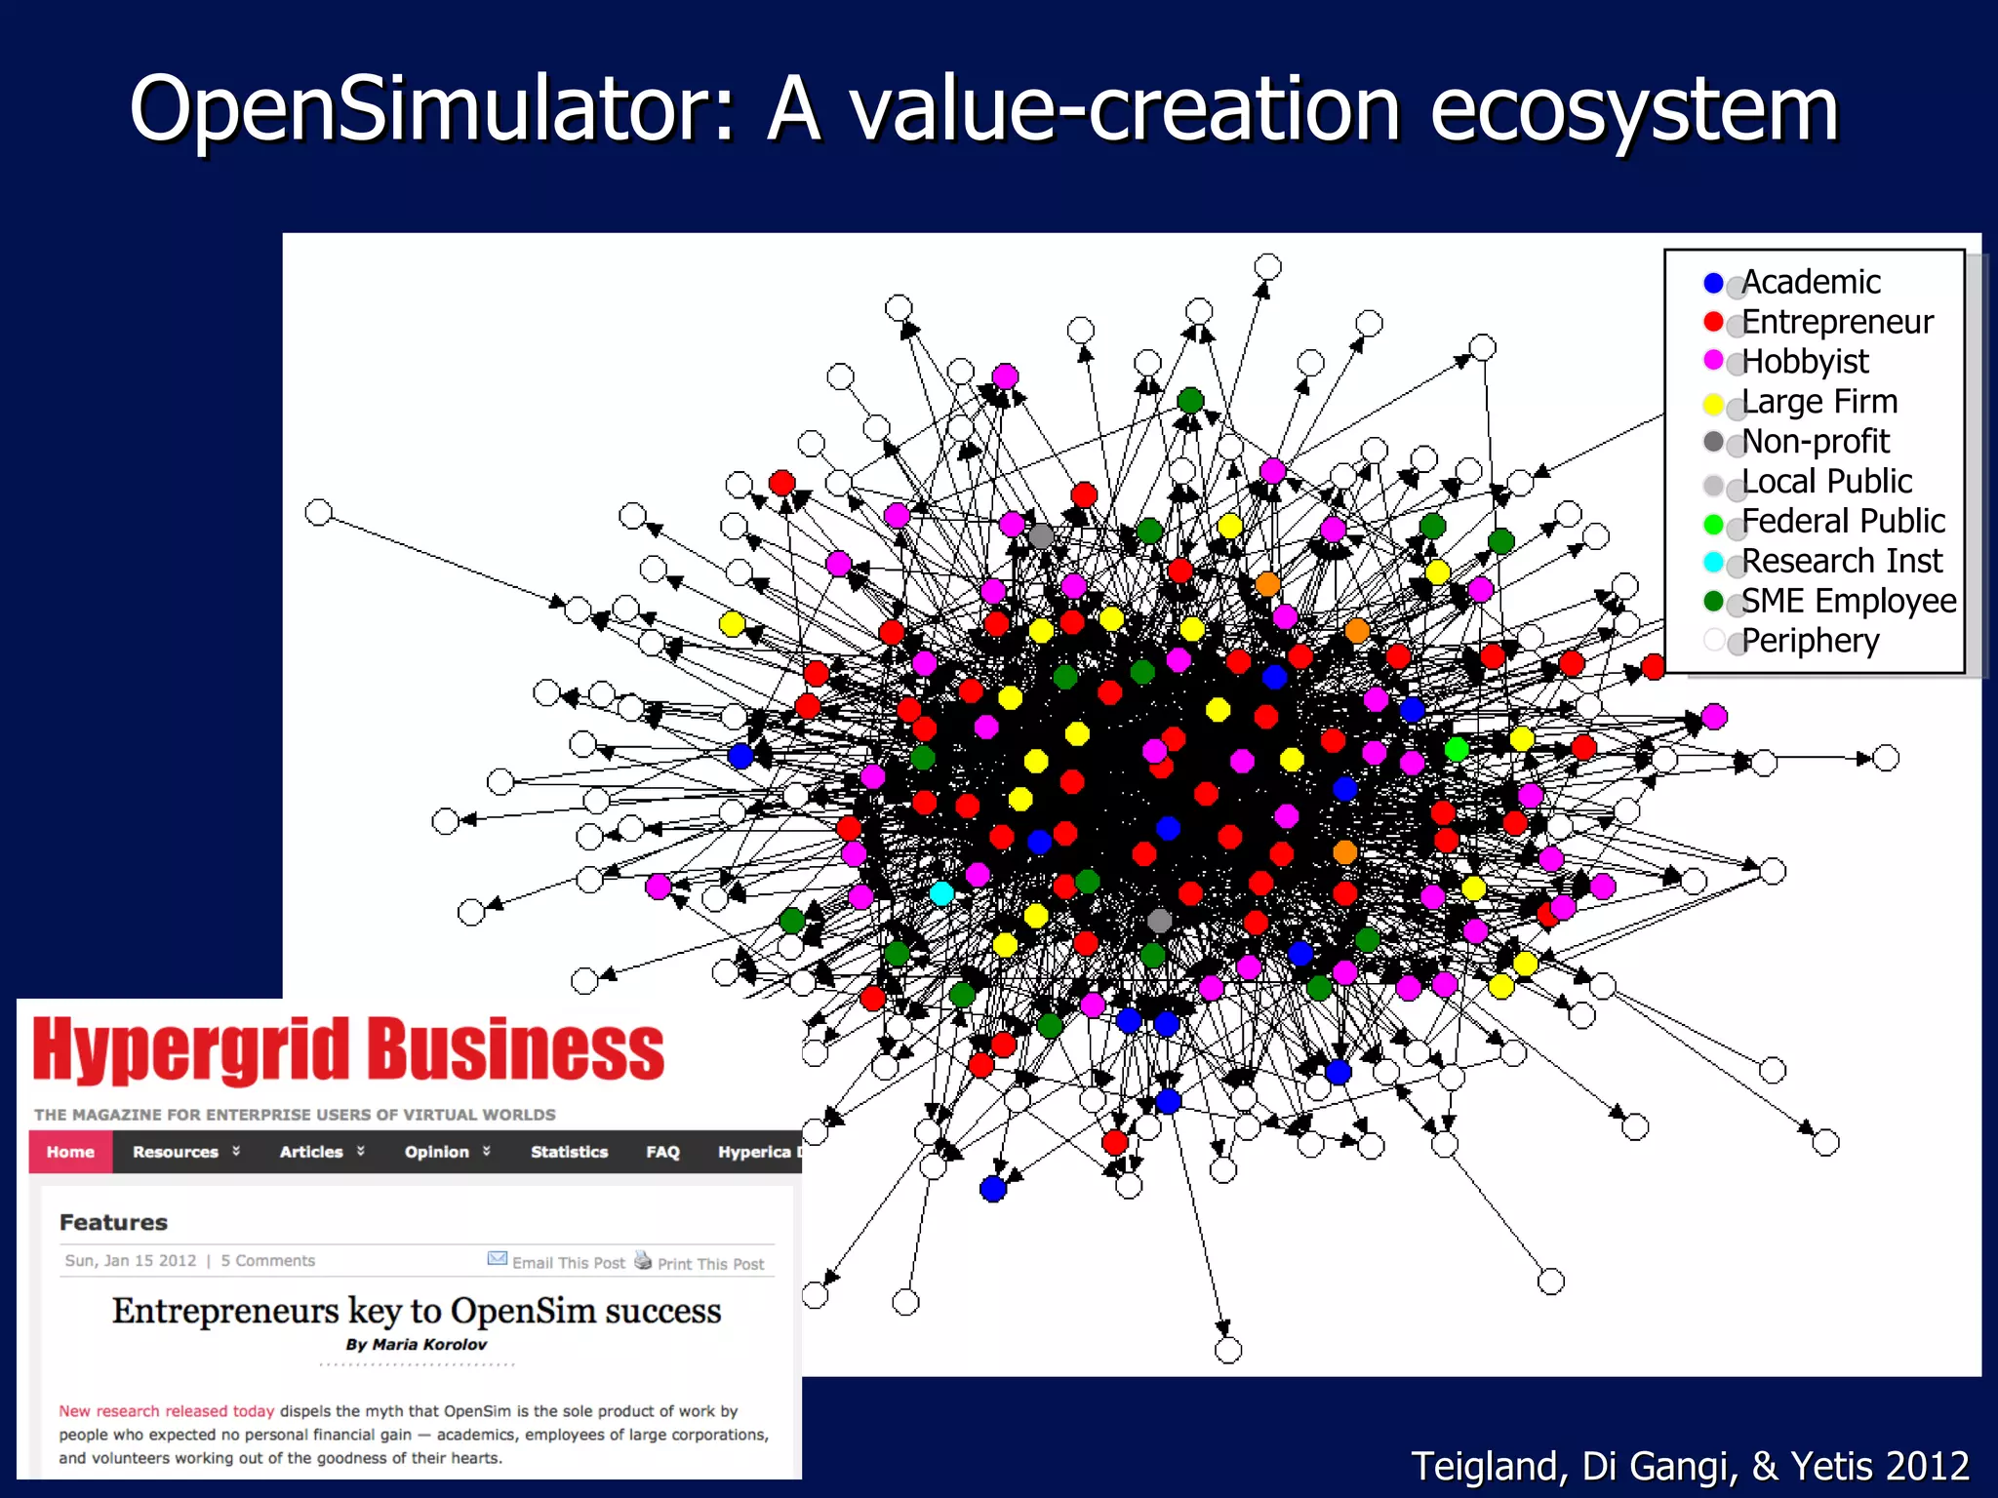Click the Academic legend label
coord(1811,282)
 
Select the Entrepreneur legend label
coord(1837,322)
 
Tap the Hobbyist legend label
coord(1805,362)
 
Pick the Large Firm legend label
coord(1819,401)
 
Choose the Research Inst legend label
coord(1842,561)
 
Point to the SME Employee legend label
coord(1849,601)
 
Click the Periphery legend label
coord(1810,641)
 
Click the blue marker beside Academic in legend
coord(1713,283)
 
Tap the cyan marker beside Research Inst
coord(1713,562)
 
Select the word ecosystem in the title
coord(1634,109)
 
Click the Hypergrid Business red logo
coord(348,1050)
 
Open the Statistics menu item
coord(569,1152)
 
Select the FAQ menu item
coord(662,1152)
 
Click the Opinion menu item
coord(437,1152)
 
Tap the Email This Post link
coord(568,1263)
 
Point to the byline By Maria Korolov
coord(416,1345)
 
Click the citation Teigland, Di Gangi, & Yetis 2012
coord(1690,1466)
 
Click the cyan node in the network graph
coord(941,893)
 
